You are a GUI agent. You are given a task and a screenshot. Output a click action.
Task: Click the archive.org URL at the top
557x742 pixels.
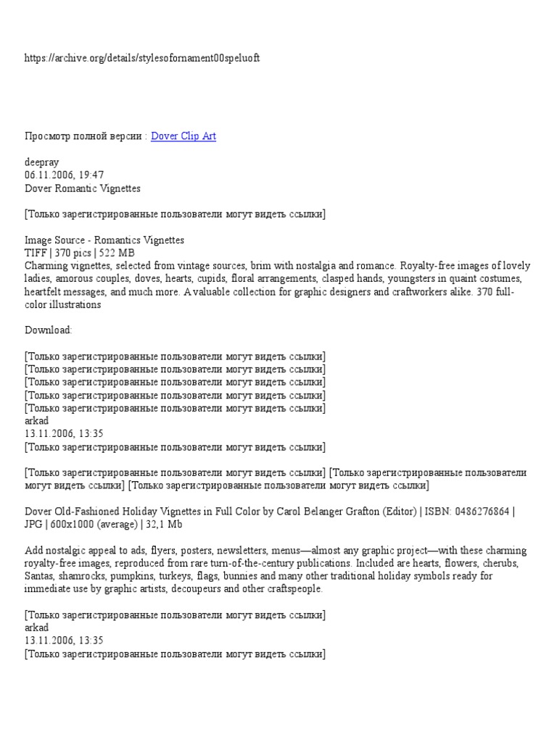pyautogui.click(x=142, y=58)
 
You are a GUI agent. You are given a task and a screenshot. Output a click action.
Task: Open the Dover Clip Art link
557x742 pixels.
pyautogui.click(x=183, y=136)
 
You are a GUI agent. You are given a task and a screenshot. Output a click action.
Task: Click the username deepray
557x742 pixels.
pyautogui.click(x=42, y=162)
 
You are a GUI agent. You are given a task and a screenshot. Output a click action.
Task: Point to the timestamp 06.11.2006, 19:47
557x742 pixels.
pyautogui.click(x=65, y=175)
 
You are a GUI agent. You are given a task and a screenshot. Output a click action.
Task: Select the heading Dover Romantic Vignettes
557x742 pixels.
pyautogui.click(x=83, y=188)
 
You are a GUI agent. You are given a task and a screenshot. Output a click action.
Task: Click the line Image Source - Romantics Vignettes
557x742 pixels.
pyautogui.click(x=104, y=240)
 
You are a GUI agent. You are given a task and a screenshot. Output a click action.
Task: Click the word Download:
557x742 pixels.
pyautogui.click(x=49, y=330)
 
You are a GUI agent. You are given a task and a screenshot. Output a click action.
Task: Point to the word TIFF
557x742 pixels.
pyautogui.click(x=36, y=253)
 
